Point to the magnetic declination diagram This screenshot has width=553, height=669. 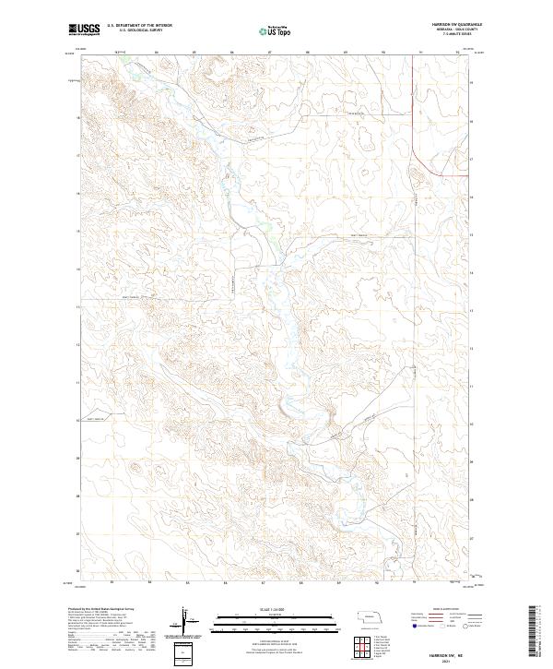188,619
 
